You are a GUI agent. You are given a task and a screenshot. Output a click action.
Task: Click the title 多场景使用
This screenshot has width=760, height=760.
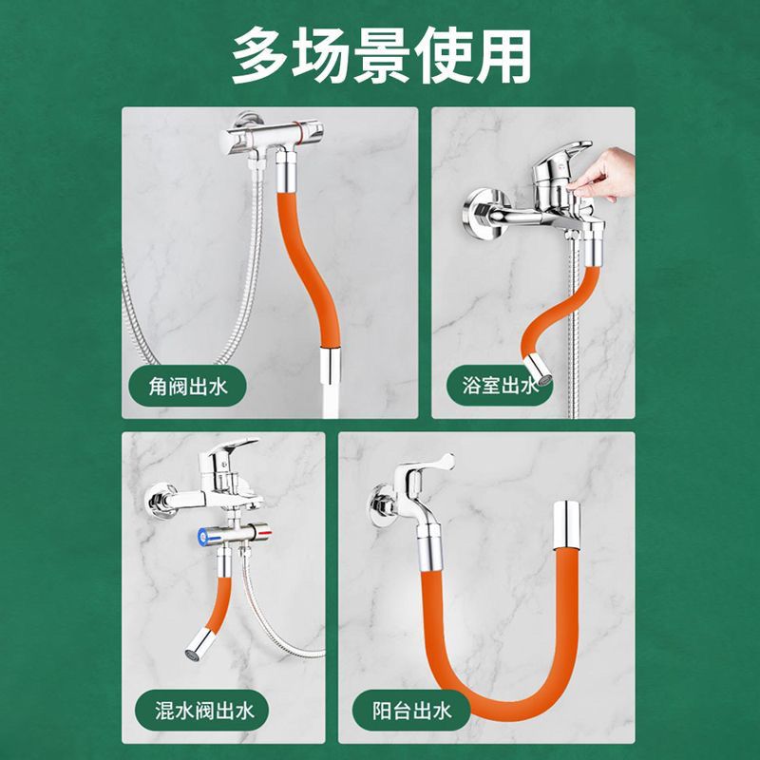pyautogui.click(x=381, y=56)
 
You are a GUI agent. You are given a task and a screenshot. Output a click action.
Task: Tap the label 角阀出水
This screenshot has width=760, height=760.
pyautogui.click(x=187, y=387)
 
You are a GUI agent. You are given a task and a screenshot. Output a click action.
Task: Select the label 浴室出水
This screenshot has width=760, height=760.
pyautogui.click(x=500, y=386)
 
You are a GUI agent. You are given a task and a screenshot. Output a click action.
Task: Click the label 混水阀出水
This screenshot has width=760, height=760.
pyautogui.click(x=204, y=711)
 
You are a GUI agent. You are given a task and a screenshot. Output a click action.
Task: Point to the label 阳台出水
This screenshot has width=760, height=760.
pyautogui.click(x=411, y=711)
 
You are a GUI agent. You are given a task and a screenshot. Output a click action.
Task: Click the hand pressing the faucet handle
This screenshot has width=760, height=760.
pyautogui.click(x=602, y=175)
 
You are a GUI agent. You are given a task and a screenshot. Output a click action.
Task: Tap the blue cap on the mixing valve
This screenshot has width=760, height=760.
pyautogui.click(x=203, y=535)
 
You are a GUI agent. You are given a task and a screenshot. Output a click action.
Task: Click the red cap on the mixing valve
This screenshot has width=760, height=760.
pyautogui.click(x=265, y=535)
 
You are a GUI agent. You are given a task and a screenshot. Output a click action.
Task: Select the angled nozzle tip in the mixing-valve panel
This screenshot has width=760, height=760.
pyautogui.click(x=199, y=644)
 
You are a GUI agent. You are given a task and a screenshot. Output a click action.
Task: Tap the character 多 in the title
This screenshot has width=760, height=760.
pyautogui.click(x=259, y=56)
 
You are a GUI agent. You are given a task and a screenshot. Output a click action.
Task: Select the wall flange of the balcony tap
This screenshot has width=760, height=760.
pyautogui.click(x=381, y=505)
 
